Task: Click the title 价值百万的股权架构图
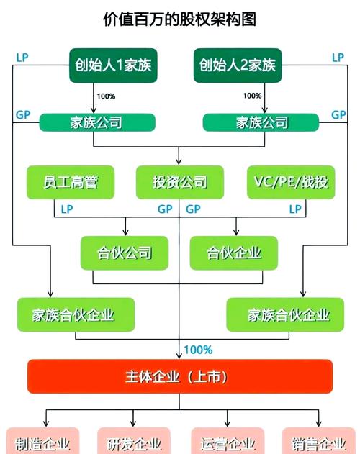pyautogui.click(x=179, y=19)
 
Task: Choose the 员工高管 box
pyautogui.click(x=71, y=183)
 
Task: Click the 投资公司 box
pyautogui.click(x=180, y=183)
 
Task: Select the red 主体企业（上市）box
pyautogui.click(x=179, y=376)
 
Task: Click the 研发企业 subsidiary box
pyautogui.click(x=133, y=441)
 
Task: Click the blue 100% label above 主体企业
pyautogui.click(x=199, y=350)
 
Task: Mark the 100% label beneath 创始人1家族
pyautogui.click(x=105, y=96)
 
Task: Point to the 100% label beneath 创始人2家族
pyautogui.click(x=252, y=96)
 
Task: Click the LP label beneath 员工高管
pyautogui.click(x=66, y=209)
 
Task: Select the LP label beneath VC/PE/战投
pyautogui.click(x=295, y=209)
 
